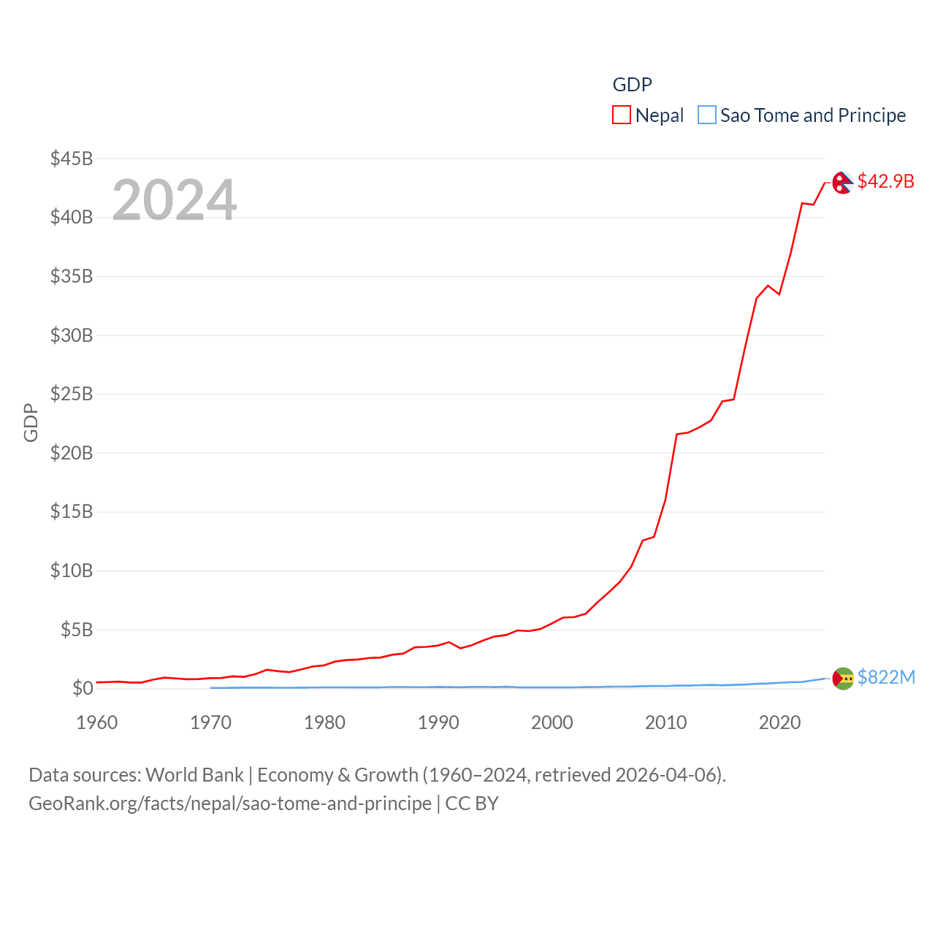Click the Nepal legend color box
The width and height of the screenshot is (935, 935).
pyautogui.click(x=622, y=115)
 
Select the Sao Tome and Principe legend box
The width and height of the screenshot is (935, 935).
pyautogui.click(x=707, y=115)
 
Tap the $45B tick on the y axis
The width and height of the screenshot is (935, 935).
pyautogui.click(x=72, y=159)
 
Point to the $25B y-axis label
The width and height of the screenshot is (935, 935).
pyautogui.click(x=72, y=394)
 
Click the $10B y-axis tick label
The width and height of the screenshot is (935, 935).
pyautogui.click(x=72, y=570)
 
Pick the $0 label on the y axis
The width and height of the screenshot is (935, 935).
pyautogui.click(x=83, y=688)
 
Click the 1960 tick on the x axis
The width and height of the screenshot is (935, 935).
pyautogui.click(x=97, y=722)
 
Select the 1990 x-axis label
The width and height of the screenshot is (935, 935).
pyautogui.click(x=438, y=722)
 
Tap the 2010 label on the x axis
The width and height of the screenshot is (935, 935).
pyautogui.click(x=665, y=722)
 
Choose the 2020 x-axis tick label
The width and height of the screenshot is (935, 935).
pyautogui.click(x=779, y=722)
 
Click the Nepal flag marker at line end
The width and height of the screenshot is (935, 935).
pyautogui.click(x=842, y=183)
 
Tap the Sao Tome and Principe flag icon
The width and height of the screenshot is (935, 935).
pyautogui.click(x=843, y=679)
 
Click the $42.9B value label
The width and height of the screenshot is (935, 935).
pyautogui.click(x=885, y=181)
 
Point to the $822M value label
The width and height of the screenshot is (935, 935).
pyautogui.click(x=886, y=677)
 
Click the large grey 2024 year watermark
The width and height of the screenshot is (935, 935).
pyautogui.click(x=174, y=199)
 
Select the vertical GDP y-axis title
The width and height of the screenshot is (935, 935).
pyautogui.click(x=31, y=422)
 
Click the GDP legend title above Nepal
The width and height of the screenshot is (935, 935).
pyautogui.click(x=632, y=85)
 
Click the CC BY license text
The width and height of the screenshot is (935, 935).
pyautogui.click(x=472, y=804)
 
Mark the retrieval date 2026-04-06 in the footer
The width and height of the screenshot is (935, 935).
pyautogui.click(x=668, y=774)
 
